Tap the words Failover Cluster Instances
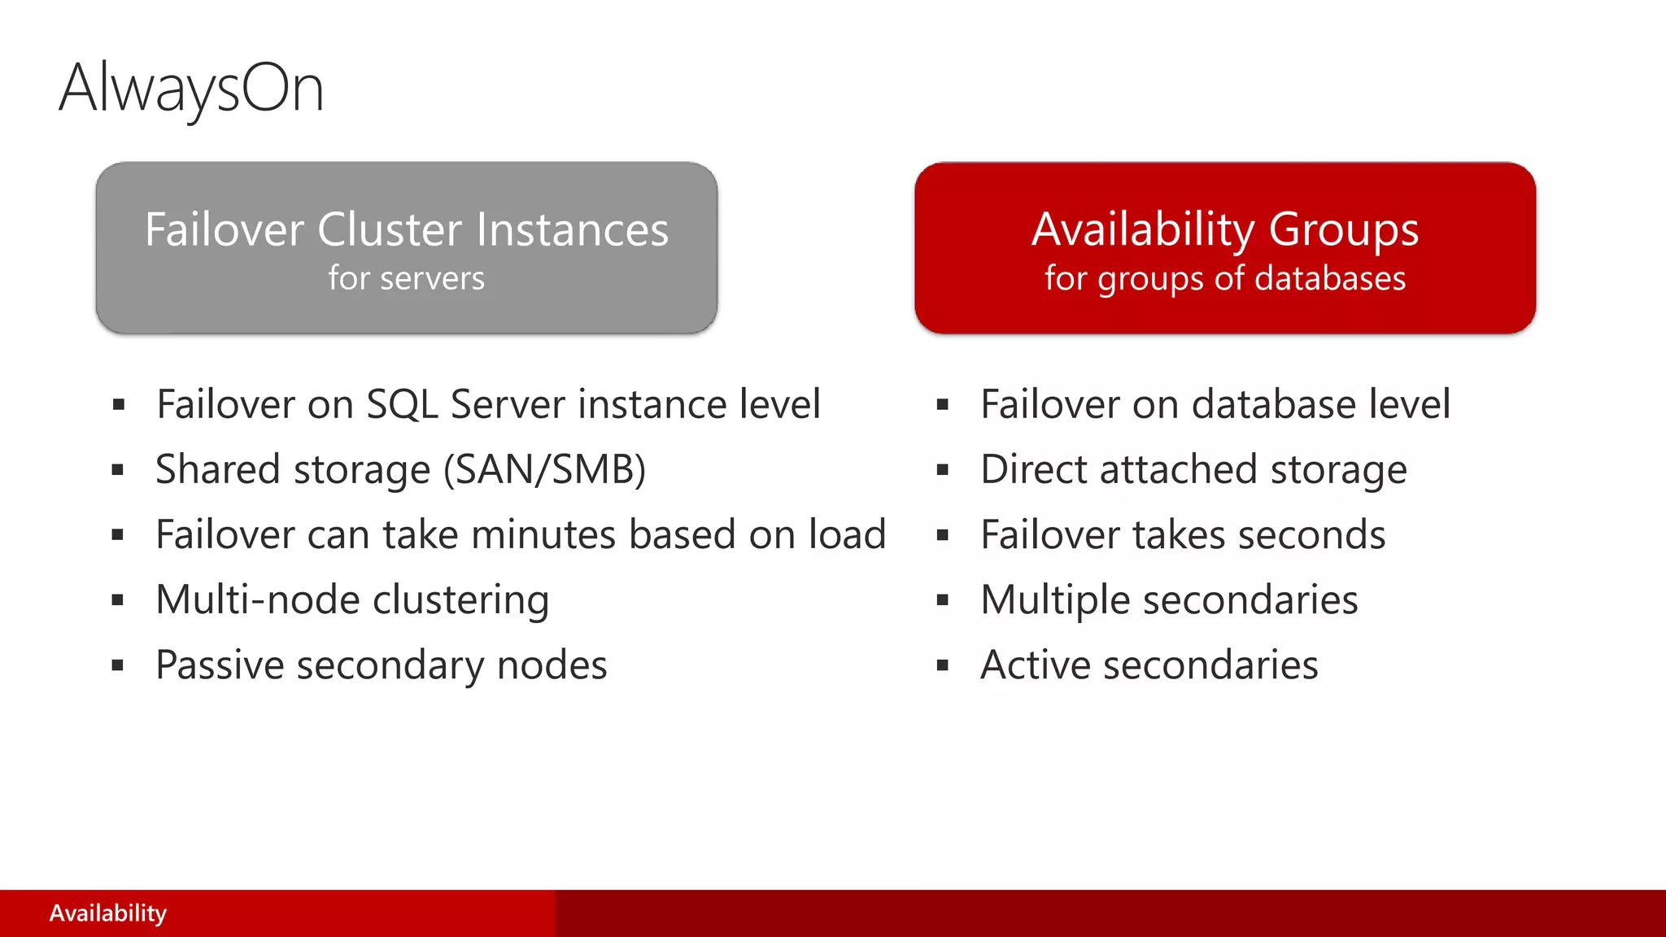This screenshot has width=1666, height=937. [x=407, y=229]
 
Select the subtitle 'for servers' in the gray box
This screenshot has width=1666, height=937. [x=407, y=279]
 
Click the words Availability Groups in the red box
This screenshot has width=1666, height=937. [x=1225, y=229]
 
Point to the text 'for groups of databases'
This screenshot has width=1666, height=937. [x=1225, y=279]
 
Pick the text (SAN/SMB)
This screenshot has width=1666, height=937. [x=544, y=470]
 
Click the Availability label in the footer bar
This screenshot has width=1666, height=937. [x=107, y=913]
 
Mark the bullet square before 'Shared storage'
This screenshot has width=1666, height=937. [x=118, y=470]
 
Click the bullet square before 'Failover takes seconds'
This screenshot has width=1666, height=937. [x=943, y=535]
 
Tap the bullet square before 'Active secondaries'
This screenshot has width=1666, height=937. [x=943, y=665]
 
